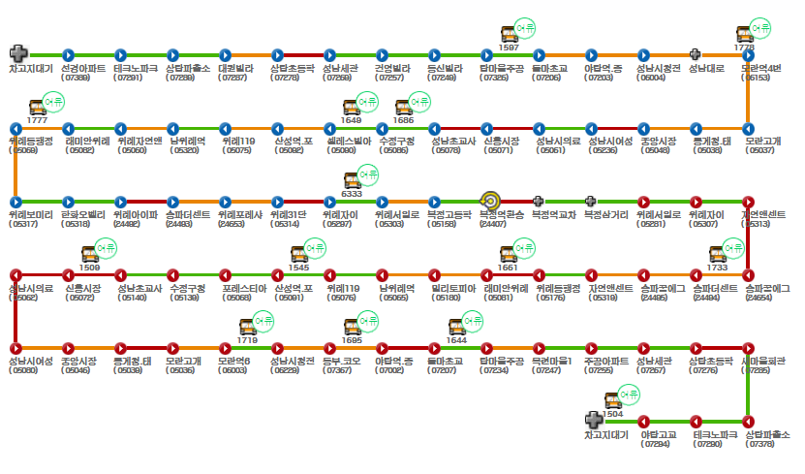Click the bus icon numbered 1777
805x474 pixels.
click(x=37, y=107)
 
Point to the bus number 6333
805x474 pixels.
click(x=351, y=194)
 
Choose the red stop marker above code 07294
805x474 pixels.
click(x=644, y=421)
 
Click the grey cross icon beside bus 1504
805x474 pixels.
click(x=593, y=420)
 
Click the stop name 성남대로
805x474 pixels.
click(x=706, y=69)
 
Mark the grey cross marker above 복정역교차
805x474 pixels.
click(x=539, y=201)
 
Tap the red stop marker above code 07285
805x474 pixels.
click(x=748, y=347)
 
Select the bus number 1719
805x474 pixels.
click(x=248, y=341)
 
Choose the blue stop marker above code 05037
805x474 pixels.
click(x=748, y=128)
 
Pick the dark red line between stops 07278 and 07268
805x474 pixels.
click(x=303, y=54)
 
